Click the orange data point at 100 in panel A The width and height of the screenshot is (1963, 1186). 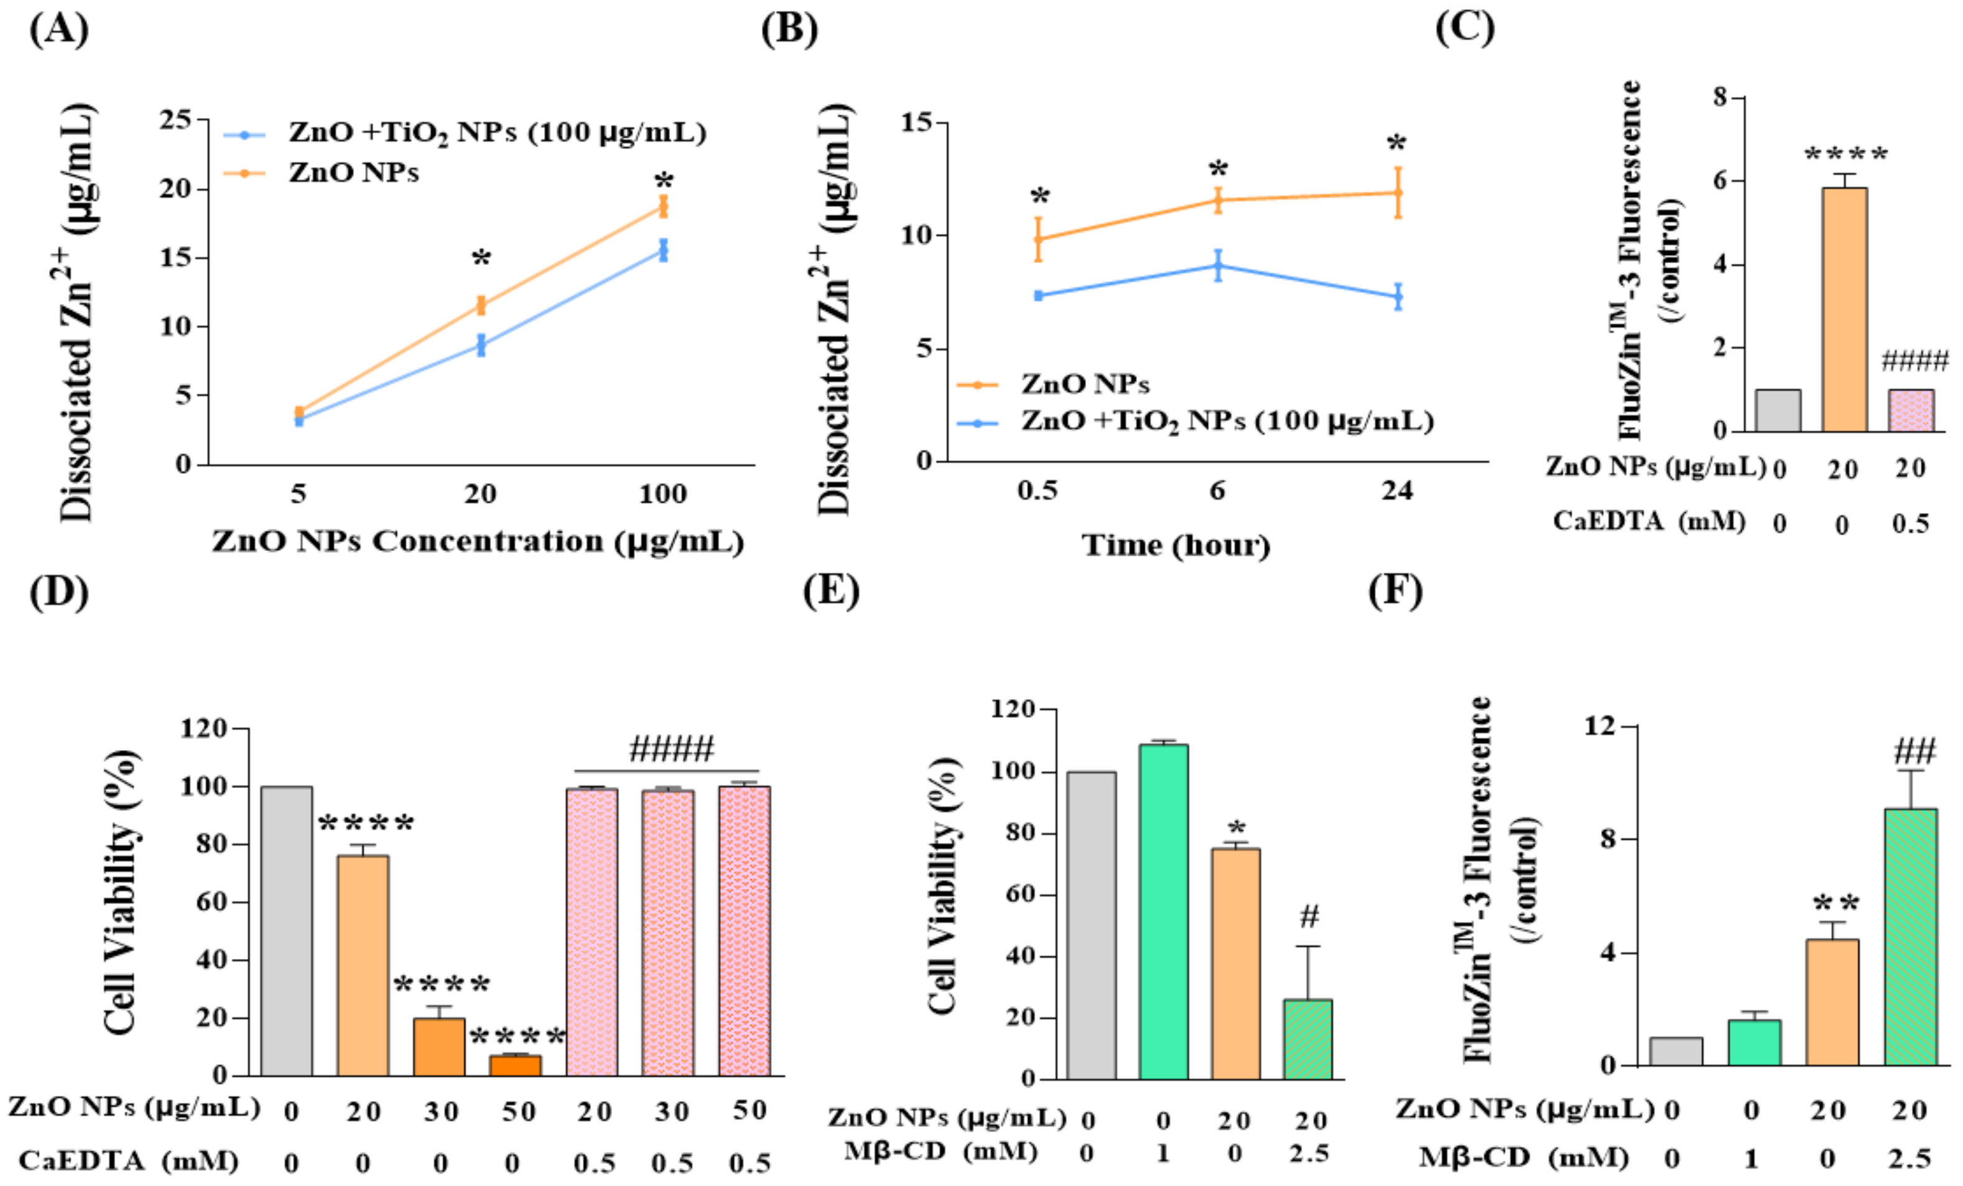point(663,208)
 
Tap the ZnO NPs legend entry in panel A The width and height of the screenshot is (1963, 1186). point(353,172)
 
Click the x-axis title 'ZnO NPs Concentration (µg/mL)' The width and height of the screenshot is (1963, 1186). point(478,542)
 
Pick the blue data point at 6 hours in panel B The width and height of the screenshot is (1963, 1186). point(1218,266)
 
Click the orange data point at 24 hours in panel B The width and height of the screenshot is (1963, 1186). point(1398,192)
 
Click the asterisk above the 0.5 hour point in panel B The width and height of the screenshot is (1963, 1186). point(1040,197)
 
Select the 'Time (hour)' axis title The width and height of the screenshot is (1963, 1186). point(1176,545)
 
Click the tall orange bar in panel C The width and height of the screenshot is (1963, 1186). point(1844,310)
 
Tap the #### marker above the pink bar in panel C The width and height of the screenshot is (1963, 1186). point(1914,361)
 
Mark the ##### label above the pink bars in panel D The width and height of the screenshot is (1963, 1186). point(672,749)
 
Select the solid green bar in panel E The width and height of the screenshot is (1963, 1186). point(1163,912)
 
